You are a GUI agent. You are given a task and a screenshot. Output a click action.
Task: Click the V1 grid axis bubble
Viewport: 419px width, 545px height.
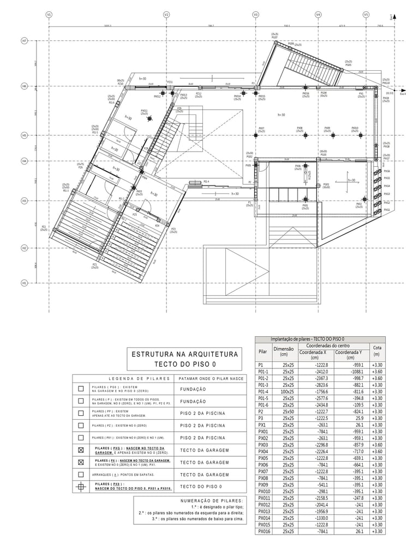pos(49,15)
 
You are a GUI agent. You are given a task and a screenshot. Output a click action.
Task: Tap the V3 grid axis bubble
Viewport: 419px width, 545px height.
pos(256,15)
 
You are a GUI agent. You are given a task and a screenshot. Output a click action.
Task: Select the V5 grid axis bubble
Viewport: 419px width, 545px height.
pos(366,15)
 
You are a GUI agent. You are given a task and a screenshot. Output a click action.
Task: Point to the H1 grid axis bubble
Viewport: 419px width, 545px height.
pos(25,283)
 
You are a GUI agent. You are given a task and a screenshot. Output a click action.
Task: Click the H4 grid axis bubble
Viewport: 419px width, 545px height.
pos(25,161)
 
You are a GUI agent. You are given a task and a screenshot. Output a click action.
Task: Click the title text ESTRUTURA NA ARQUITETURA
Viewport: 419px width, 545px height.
pos(185,354)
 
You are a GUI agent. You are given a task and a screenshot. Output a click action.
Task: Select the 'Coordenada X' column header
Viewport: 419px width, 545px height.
pos(314,355)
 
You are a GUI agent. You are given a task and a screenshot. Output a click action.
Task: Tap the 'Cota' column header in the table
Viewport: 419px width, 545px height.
pos(376,350)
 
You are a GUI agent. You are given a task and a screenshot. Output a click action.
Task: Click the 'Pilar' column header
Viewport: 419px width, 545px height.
pos(263,352)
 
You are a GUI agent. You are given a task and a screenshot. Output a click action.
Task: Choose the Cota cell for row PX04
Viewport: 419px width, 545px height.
pos(376,451)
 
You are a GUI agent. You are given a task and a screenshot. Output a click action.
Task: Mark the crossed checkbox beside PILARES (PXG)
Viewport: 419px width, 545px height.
pos(81,451)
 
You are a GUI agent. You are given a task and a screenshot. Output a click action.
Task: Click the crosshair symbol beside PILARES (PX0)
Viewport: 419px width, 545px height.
pos(81,487)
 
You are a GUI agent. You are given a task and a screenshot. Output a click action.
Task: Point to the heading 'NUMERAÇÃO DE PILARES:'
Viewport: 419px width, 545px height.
pos(212,500)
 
